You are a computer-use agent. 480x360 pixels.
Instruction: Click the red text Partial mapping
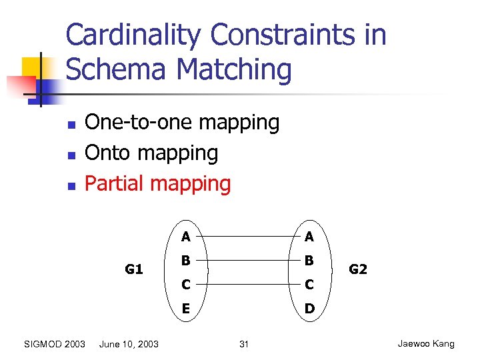tap(158, 183)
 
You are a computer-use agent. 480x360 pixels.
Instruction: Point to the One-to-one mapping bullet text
tap(182, 122)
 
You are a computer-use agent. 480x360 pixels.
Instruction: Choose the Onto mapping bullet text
tap(151, 153)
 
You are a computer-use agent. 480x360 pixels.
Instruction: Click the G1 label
tap(134, 269)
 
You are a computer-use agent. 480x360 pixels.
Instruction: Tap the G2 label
tap(358, 269)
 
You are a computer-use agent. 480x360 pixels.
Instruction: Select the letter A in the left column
tap(185, 236)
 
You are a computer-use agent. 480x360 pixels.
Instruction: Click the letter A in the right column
tap(309, 236)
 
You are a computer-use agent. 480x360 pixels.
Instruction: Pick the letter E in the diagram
tap(185, 309)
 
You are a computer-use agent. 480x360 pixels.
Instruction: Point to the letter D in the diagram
tap(309, 309)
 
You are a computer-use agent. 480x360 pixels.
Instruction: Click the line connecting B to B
tap(247, 261)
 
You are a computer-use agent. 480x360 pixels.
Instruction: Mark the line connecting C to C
tap(247, 285)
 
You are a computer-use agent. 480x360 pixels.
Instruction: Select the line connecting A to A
tap(247, 236)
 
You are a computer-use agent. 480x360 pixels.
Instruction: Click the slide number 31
tap(243, 344)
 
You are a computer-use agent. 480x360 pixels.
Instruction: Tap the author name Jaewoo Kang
tap(425, 344)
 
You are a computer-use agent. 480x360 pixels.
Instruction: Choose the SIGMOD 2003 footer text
tap(54, 344)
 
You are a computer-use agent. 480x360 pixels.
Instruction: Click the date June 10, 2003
tap(129, 344)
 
